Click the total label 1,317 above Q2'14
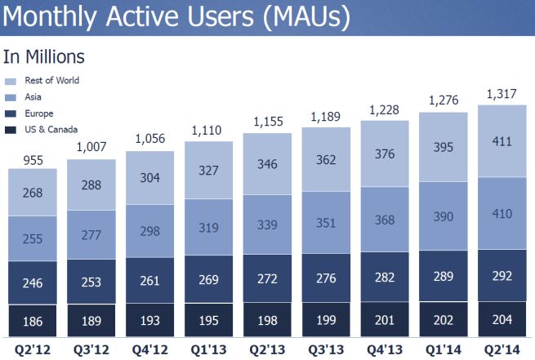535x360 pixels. (x=502, y=94)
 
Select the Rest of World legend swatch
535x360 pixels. (x=10, y=81)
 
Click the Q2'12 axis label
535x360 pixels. (x=32, y=349)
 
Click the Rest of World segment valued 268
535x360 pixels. (x=32, y=193)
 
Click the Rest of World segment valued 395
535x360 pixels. (x=444, y=167)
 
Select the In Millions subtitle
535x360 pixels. (x=44, y=57)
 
